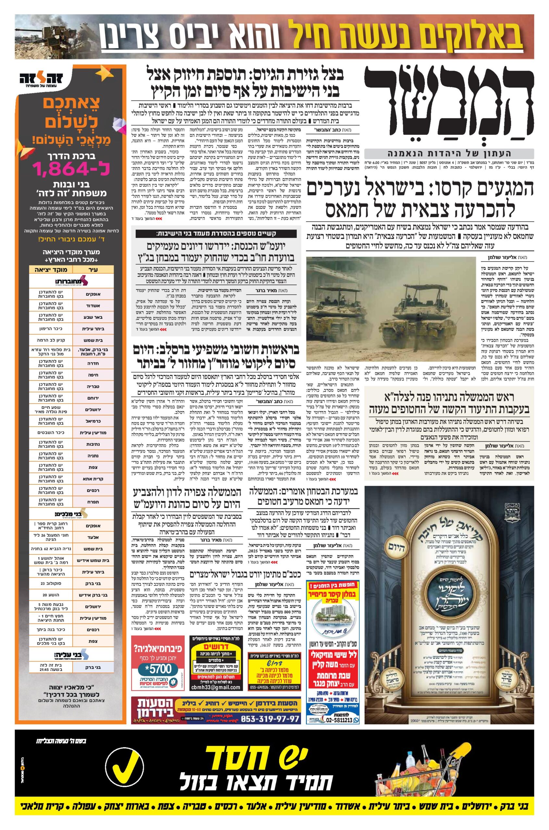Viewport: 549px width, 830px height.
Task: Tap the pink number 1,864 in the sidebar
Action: (71, 170)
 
